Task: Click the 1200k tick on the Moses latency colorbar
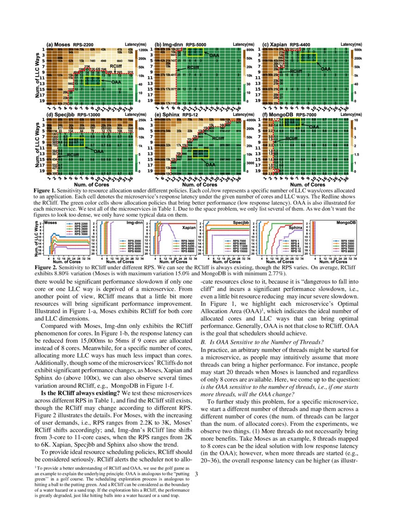click(x=142, y=50)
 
